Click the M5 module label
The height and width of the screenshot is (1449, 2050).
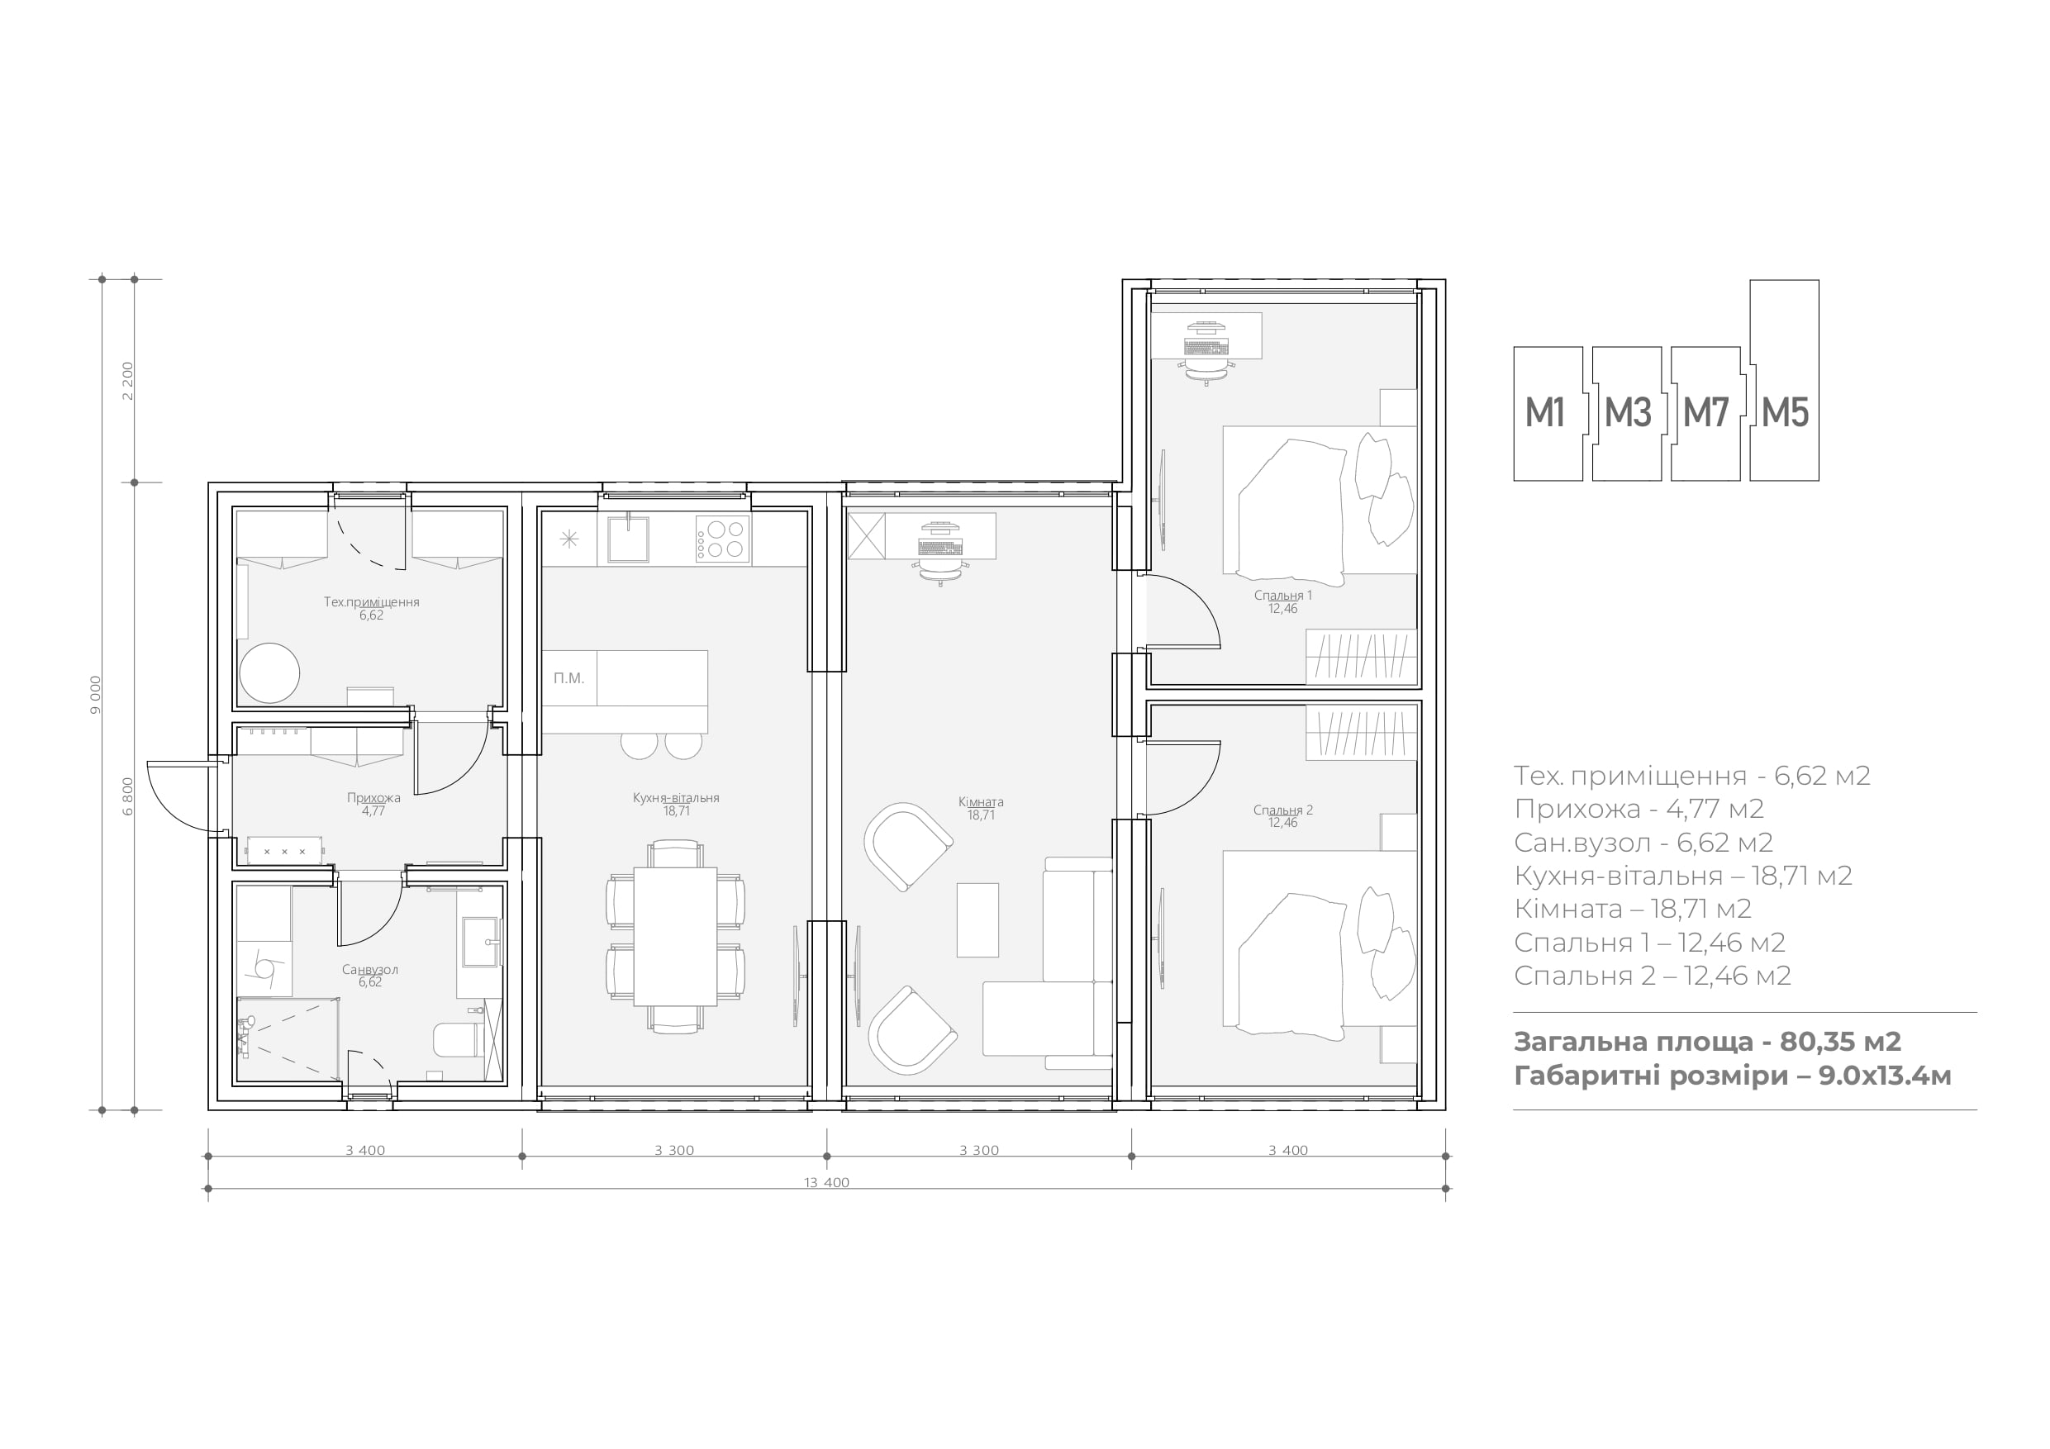pos(1785,412)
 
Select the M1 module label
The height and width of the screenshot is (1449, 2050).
pos(1544,412)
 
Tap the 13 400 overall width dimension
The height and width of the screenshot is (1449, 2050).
pos(827,1183)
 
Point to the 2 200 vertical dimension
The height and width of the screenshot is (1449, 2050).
pos(128,381)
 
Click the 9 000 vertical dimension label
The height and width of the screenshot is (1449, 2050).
pos(96,695)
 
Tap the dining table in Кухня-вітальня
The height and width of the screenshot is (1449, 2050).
pos(675,937)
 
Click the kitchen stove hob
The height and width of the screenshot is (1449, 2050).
pos(722,539)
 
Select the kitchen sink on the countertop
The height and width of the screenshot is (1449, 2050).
pos(629,539)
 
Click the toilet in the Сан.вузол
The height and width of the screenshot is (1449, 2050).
pos(458,1041)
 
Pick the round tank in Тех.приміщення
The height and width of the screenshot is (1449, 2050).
pos(269,672)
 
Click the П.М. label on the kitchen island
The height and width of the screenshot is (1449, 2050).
pos(568,678)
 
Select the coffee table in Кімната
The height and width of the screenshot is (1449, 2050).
pos(977,919)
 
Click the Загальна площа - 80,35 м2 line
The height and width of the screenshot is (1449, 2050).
pos(1707,1042)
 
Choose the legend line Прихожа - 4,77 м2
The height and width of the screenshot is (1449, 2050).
pos(1639,809)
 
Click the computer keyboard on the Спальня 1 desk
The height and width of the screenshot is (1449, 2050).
pos(1207,347)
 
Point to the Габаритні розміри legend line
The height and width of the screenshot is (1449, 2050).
pos(1733,1076)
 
